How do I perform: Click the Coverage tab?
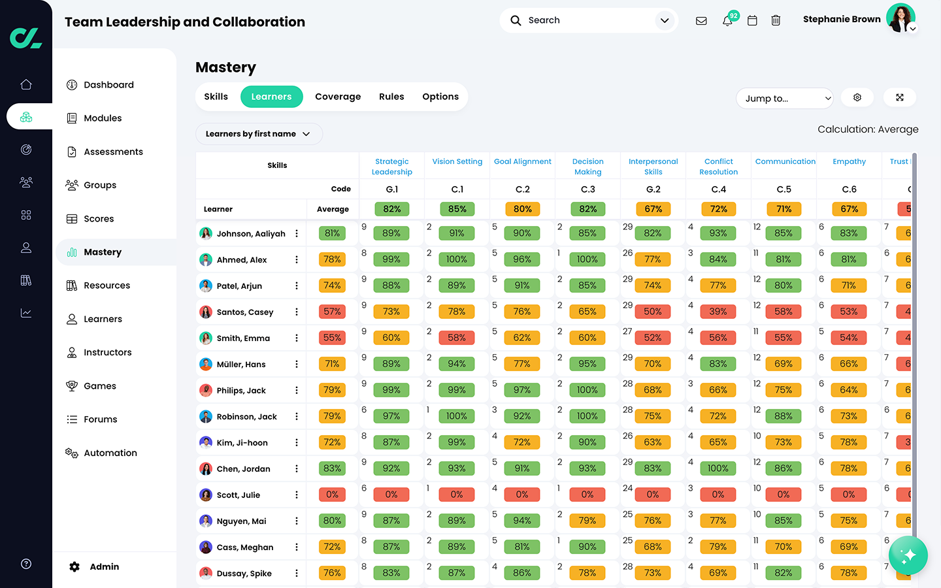point(337,97)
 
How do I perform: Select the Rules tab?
point(391,97)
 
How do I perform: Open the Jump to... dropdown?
point(784,98)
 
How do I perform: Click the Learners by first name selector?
point(258,134)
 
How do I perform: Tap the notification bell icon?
point(727,21)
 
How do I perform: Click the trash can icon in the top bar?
point(776,21)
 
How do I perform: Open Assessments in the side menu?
point(113,152)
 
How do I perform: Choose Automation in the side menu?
point(110,453)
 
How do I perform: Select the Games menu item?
point(99,386)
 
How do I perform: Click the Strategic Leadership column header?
point(392,167)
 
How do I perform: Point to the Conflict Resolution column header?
point(718,167)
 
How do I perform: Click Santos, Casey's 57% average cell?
point(332,312)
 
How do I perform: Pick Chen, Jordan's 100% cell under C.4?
point(718,468)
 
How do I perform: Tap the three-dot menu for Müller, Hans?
point(297,365)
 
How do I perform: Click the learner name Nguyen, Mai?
point(241,521)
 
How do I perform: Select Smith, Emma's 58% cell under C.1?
point(457,338)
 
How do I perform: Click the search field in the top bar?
point(582,20)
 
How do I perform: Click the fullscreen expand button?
point(900,97)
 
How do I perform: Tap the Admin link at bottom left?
point(104,566)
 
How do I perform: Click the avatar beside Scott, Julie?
point(206,495)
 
